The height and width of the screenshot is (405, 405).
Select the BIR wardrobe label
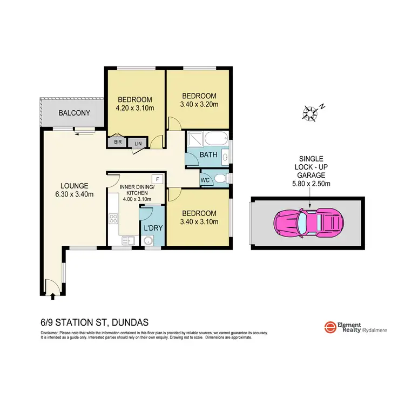point(117,143)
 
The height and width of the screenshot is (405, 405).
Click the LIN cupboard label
point(137,143)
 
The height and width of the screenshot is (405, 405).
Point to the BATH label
point(208,155)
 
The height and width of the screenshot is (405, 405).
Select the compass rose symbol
point(310,112)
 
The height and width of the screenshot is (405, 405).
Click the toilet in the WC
point(220,178)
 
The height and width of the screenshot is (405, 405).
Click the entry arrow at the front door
point(52,295)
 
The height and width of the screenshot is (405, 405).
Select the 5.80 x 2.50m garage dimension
point(310,184)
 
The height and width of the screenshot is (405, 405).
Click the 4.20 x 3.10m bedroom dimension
point(135,108)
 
